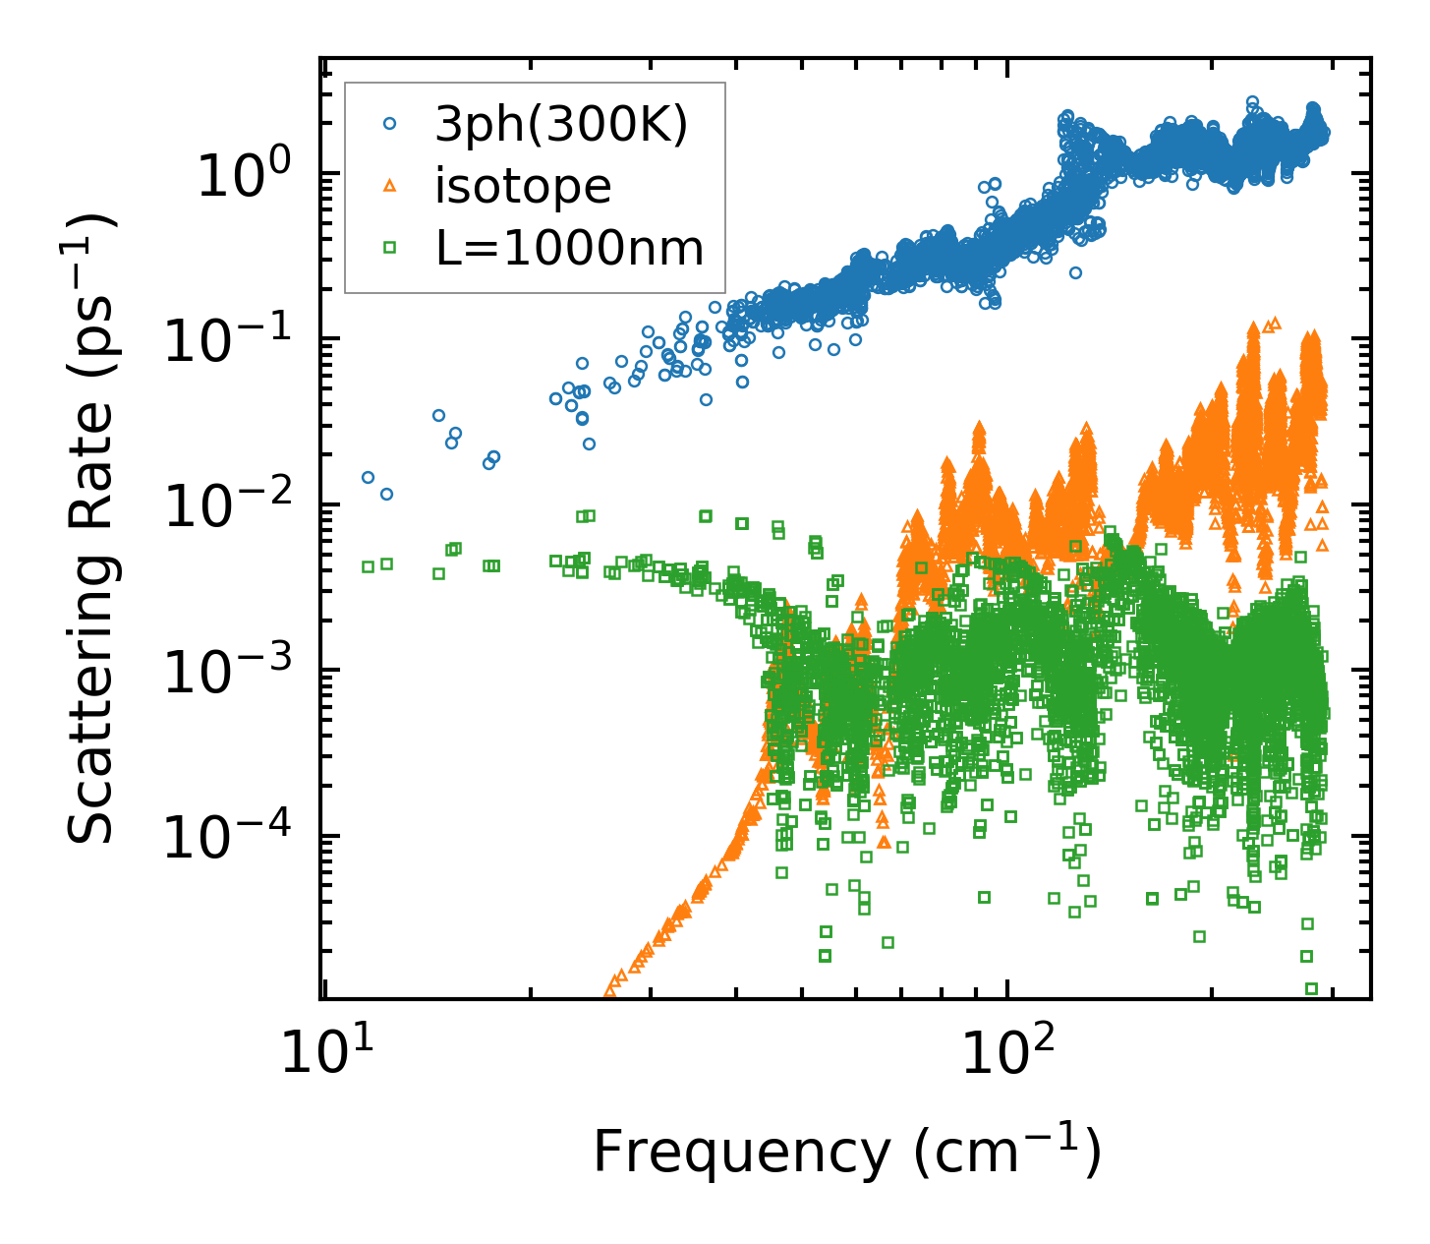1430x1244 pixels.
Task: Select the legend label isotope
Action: (x=523, y=186)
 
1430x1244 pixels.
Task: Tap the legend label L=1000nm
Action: (x=570, y=250)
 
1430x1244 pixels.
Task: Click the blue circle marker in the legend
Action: (x=390, y=124)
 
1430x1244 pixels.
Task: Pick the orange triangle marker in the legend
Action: (x=390, y=186)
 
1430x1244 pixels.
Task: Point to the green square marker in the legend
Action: (x=390, y=249)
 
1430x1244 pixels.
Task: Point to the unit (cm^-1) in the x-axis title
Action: (x=1006, y=1151)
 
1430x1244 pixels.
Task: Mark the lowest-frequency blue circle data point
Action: (x=368, y=477)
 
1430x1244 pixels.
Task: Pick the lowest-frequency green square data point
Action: (x=368, y=566)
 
